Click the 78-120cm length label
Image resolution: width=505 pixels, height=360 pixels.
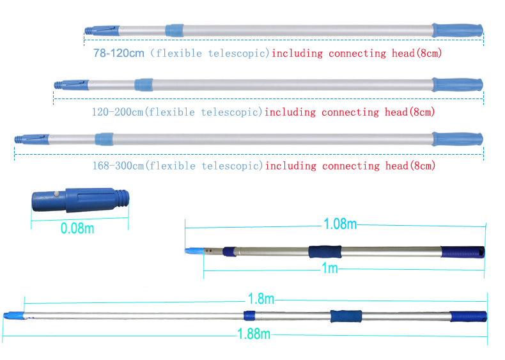tap(119, 53)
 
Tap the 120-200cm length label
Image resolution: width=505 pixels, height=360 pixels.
tap(118, 112)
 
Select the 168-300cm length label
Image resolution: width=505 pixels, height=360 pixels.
tap(118, 166)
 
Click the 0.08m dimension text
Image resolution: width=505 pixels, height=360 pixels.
tap(77, 228)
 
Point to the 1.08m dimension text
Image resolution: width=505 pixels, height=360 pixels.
tap(340, 224)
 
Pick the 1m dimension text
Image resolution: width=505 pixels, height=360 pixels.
tap(330, 268)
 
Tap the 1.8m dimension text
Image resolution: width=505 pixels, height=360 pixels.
tap(261, 299)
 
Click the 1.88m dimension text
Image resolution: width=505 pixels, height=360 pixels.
tap(254, 334)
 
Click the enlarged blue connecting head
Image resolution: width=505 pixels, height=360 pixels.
tap(81, 200)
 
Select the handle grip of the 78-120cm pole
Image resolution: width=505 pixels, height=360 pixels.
tap(457, 30)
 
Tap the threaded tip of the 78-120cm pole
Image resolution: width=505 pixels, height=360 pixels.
tap(89, 31)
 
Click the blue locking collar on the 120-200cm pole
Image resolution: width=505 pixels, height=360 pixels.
tap(144, 85)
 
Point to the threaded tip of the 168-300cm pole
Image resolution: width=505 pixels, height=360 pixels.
tap(19, 139)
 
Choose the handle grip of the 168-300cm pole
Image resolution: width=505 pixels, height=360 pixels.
tap(457, 139)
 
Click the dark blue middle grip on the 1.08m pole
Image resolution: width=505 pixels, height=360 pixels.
tap(325, 252)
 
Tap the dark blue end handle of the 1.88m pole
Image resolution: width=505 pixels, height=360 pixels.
tap(469, 317)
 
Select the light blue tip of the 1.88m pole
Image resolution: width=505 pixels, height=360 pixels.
tap(14, 315)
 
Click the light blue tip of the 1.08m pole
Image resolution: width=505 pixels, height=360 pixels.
tap(194, 251)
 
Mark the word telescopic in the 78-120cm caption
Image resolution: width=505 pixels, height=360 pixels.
tap(238, 53)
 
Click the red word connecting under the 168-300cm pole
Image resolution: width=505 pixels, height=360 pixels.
tap(351, 166)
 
